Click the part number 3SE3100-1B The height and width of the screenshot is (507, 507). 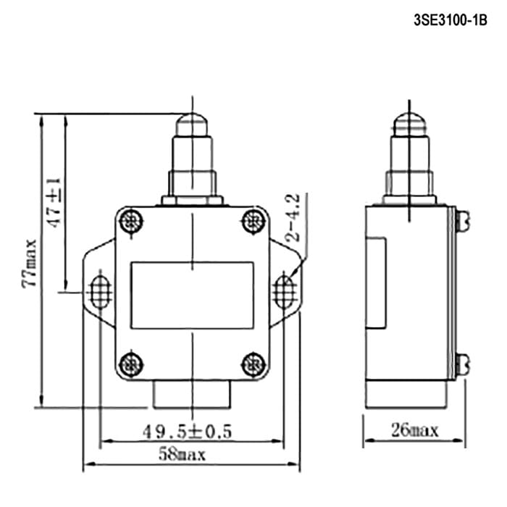click(x=450, y=20)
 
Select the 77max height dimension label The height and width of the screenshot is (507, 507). click(x=29, y=263)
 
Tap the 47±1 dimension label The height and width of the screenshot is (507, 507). click(x=54, y=202)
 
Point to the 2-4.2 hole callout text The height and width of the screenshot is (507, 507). click(x=293, y=217)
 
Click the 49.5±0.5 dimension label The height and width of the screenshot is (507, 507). click(x=187, y=432)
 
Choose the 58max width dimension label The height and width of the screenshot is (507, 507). click(x=182, y=454)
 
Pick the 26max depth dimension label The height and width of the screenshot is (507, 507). click(x=415, y=430)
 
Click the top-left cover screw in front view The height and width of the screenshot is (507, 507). click(x=131, y=222)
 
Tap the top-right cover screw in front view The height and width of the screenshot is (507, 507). click(x=254, y=222)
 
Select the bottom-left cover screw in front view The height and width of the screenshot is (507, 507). click(x=131, y=365)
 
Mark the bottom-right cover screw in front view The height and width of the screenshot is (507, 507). click(x=254, y=365)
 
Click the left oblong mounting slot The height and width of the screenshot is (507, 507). click(x=100, y=292)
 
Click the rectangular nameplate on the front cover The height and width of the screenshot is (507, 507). click(x=192, y=296)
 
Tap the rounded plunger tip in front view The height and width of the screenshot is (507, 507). click(x=192, y=125)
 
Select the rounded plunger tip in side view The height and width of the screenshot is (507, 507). click(x=410, y=125)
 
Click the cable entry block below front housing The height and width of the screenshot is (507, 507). click(x=192, y=395)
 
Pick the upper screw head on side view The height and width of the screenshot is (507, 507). click(x=462, y=221)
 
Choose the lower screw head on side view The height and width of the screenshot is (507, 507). click(x=462, y=364)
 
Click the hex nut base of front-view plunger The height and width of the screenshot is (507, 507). click(x=193, y=200)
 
